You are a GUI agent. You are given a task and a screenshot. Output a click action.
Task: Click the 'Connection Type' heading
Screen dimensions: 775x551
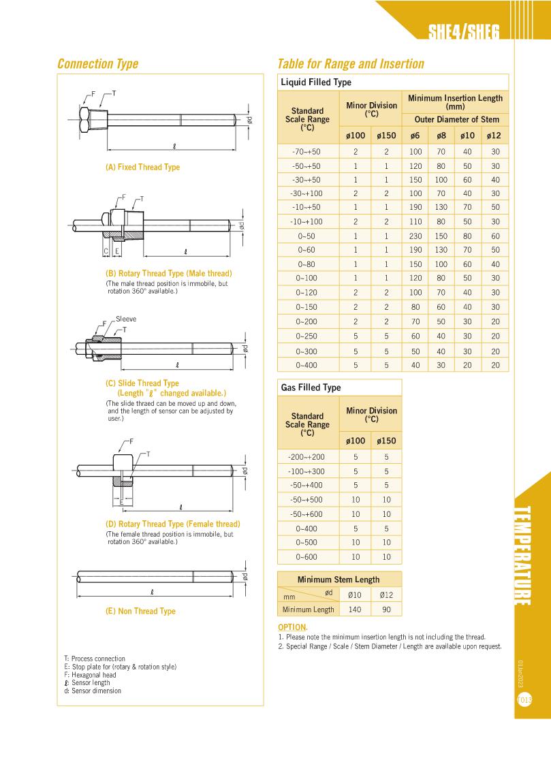(97, 64)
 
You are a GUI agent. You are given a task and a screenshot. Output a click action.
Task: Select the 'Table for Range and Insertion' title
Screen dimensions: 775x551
(350, 64)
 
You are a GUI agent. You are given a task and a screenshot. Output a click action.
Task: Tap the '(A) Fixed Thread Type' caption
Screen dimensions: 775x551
(142, 167)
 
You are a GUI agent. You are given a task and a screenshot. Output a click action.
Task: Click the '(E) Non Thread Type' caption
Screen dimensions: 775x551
(140, 611)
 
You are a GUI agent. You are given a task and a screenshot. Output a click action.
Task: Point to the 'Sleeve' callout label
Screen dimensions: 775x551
(126, 319)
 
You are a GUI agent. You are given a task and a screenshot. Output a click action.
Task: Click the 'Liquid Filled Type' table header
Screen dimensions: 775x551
(316, 82)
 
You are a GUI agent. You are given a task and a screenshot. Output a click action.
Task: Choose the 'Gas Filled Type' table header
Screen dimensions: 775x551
(311, 387)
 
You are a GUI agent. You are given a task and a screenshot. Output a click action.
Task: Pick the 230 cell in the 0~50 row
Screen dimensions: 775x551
(415, 236)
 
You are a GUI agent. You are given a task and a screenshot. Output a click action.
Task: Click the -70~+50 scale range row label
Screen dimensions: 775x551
(306, 151)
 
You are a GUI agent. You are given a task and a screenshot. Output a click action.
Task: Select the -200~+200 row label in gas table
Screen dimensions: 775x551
(306, 457)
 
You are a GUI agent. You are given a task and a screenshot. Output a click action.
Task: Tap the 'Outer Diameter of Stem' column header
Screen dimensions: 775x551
(456, 119)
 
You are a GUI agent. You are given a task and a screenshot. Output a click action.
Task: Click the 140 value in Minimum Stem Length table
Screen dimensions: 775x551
(355, 610)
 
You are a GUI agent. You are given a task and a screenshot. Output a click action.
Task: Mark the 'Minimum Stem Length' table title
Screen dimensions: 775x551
(339, 580)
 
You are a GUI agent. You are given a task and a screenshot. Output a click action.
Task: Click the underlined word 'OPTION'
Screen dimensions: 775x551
(292, 627)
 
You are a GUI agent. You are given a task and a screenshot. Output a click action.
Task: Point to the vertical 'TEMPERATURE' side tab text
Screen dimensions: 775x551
(523, 556)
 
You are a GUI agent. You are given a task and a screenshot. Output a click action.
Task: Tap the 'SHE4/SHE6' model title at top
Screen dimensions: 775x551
(463, 33)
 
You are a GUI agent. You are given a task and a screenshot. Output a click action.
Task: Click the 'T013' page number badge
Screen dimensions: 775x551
(524, 699)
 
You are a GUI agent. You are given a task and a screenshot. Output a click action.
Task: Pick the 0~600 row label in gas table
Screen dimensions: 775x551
(306, 556)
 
